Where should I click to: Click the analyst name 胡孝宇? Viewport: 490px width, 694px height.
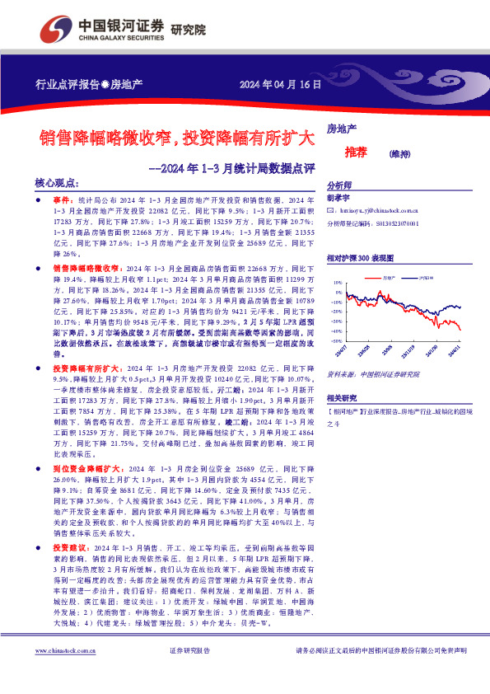[x=338, y=199]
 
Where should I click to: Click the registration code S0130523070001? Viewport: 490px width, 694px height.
[x=397, y=223]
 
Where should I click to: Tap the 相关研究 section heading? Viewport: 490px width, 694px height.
[x=342, y=397]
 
